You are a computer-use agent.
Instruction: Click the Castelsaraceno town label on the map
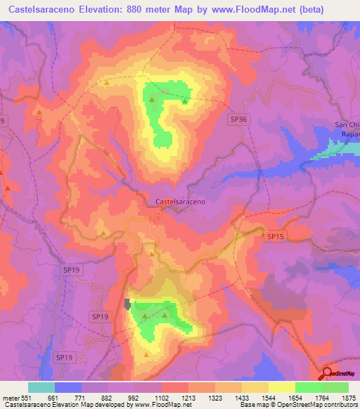click(180, 202)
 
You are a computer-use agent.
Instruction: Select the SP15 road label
click(276, 238)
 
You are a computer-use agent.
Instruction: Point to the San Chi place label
click(346, 126)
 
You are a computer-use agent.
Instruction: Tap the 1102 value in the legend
click(162, 397)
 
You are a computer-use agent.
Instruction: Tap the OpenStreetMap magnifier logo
click(326, 374)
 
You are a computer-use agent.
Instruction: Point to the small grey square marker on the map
click(127, 304)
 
